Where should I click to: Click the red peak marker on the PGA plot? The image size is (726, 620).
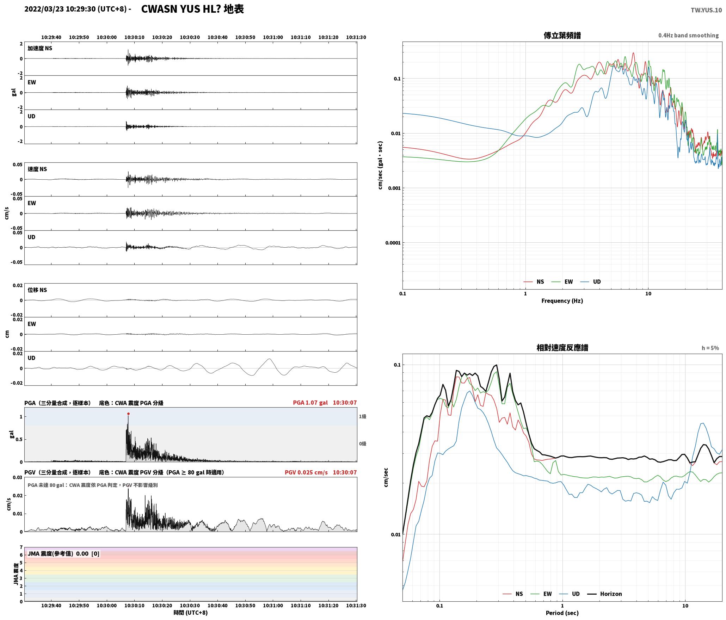(128, 414)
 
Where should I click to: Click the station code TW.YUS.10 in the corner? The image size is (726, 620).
(706, 10)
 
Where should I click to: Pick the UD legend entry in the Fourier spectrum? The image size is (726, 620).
(591, 281)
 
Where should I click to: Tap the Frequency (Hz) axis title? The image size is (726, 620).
(562, 300)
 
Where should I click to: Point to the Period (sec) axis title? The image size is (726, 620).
(562, 613)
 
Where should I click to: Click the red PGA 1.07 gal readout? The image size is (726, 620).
(310, 402)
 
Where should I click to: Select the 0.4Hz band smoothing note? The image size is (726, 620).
(688, 35)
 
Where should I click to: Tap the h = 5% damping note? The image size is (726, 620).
(710, 348)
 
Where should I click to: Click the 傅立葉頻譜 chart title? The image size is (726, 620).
(562, 35)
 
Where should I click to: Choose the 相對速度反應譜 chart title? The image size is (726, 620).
(562, 347)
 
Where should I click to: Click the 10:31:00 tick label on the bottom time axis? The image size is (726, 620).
(273, 606)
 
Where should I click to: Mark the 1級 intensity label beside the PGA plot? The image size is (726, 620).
(363, 416)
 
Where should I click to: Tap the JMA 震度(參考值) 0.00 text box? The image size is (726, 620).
(63, 553)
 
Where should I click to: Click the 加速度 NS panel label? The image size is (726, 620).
(40, 48)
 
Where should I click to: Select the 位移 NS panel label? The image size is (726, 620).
(37, 290)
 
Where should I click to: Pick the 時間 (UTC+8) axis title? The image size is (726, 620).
(191, 613)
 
